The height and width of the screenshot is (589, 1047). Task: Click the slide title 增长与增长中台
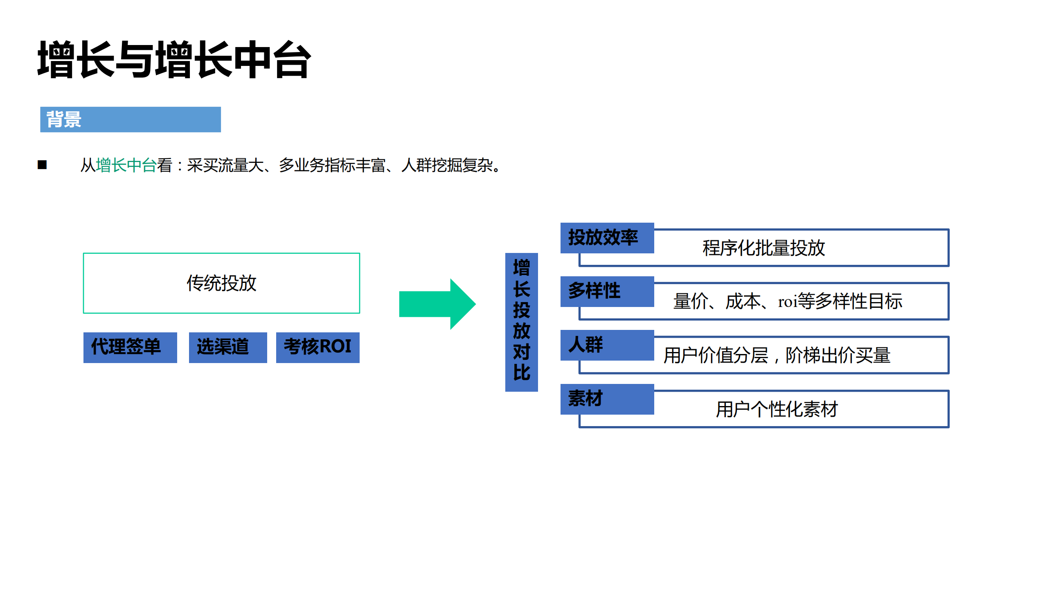click(x=174, y=60)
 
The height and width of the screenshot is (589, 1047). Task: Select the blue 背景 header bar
click(x=130, y=120)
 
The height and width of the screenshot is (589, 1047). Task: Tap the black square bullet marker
click(x=42, y=165)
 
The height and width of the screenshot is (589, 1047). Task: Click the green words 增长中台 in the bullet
click(x=126, y=165)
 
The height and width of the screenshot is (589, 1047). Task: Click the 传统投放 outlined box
click(x=221, y=283)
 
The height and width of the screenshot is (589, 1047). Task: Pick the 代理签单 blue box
click(x=130, y=347)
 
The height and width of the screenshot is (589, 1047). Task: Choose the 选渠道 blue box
click(x=227, y=347)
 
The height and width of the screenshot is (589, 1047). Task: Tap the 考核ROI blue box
click(x=317, y=347)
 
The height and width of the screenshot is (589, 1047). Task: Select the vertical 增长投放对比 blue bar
click(x=521, y=322)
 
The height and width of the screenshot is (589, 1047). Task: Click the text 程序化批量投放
click(x=763, y=248)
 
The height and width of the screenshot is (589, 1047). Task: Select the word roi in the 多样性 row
click(x=788, y=302)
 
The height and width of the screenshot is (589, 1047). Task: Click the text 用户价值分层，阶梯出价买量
click(x=777, y=355)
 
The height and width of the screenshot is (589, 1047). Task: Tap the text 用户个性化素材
click(x=777, y=409)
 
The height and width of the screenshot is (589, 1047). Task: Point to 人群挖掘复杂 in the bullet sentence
click(x=447, y=165)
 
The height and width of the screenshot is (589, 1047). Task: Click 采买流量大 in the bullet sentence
click(x=225, y=165)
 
